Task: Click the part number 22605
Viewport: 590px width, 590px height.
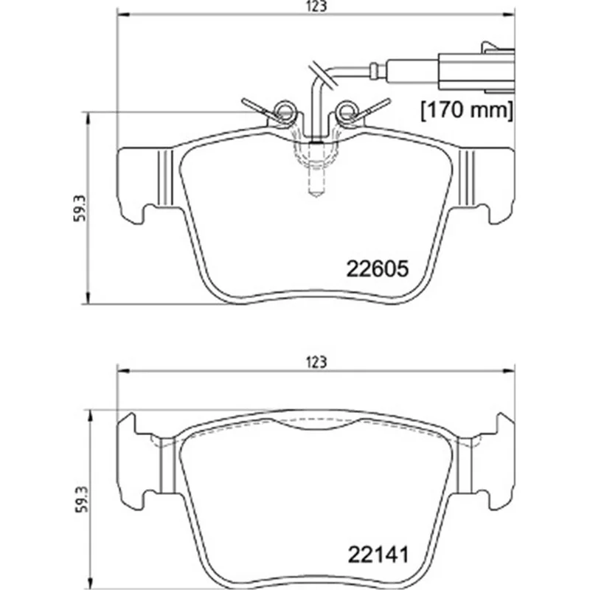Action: (x=377, y=268)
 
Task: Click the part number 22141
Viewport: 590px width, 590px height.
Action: (x=378, y=555)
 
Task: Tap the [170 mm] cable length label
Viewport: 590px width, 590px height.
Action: (x=467, y=110)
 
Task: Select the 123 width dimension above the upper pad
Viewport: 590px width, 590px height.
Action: (x=316, y=7)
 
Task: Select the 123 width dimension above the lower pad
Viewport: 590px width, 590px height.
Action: (x=316, y=362)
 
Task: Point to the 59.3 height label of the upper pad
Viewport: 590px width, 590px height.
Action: (x=80, y=209)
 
